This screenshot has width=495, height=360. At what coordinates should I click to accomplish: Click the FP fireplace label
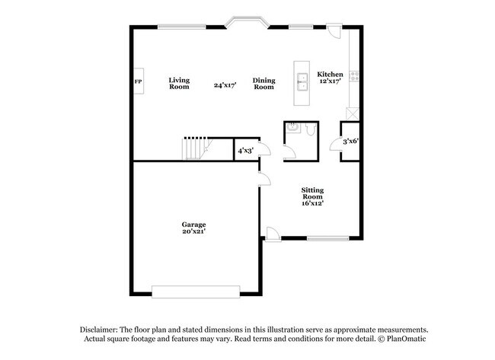pos(138,81)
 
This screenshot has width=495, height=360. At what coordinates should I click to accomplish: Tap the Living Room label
pos(179,84)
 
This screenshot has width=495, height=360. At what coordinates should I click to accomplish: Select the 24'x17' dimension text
pos(225,85)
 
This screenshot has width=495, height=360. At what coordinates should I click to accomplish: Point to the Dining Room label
pos(264,84)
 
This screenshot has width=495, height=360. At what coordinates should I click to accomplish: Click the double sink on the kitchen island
pos(302,81)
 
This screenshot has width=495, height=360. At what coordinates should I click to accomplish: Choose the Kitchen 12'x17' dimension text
pos(331,81)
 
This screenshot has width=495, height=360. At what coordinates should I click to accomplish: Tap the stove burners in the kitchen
pos(354,76)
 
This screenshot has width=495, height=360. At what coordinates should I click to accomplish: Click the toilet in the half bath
pos(311,129)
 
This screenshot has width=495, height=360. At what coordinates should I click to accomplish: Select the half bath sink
pos(293,128)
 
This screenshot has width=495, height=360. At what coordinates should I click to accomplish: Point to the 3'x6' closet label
pos(351,141)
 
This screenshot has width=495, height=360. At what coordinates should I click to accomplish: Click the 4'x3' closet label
pos(246,151)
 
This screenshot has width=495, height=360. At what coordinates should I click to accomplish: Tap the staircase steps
pos(194,149)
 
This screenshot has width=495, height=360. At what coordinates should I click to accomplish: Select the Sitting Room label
pos(312,193)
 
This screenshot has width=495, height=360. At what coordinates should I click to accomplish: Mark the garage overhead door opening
pos(196,292)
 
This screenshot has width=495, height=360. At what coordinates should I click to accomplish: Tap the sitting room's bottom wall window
pos(327,238)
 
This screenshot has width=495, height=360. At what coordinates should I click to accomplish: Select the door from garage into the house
pos(264,179)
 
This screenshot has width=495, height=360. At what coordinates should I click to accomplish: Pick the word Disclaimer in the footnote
pos(99,330)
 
